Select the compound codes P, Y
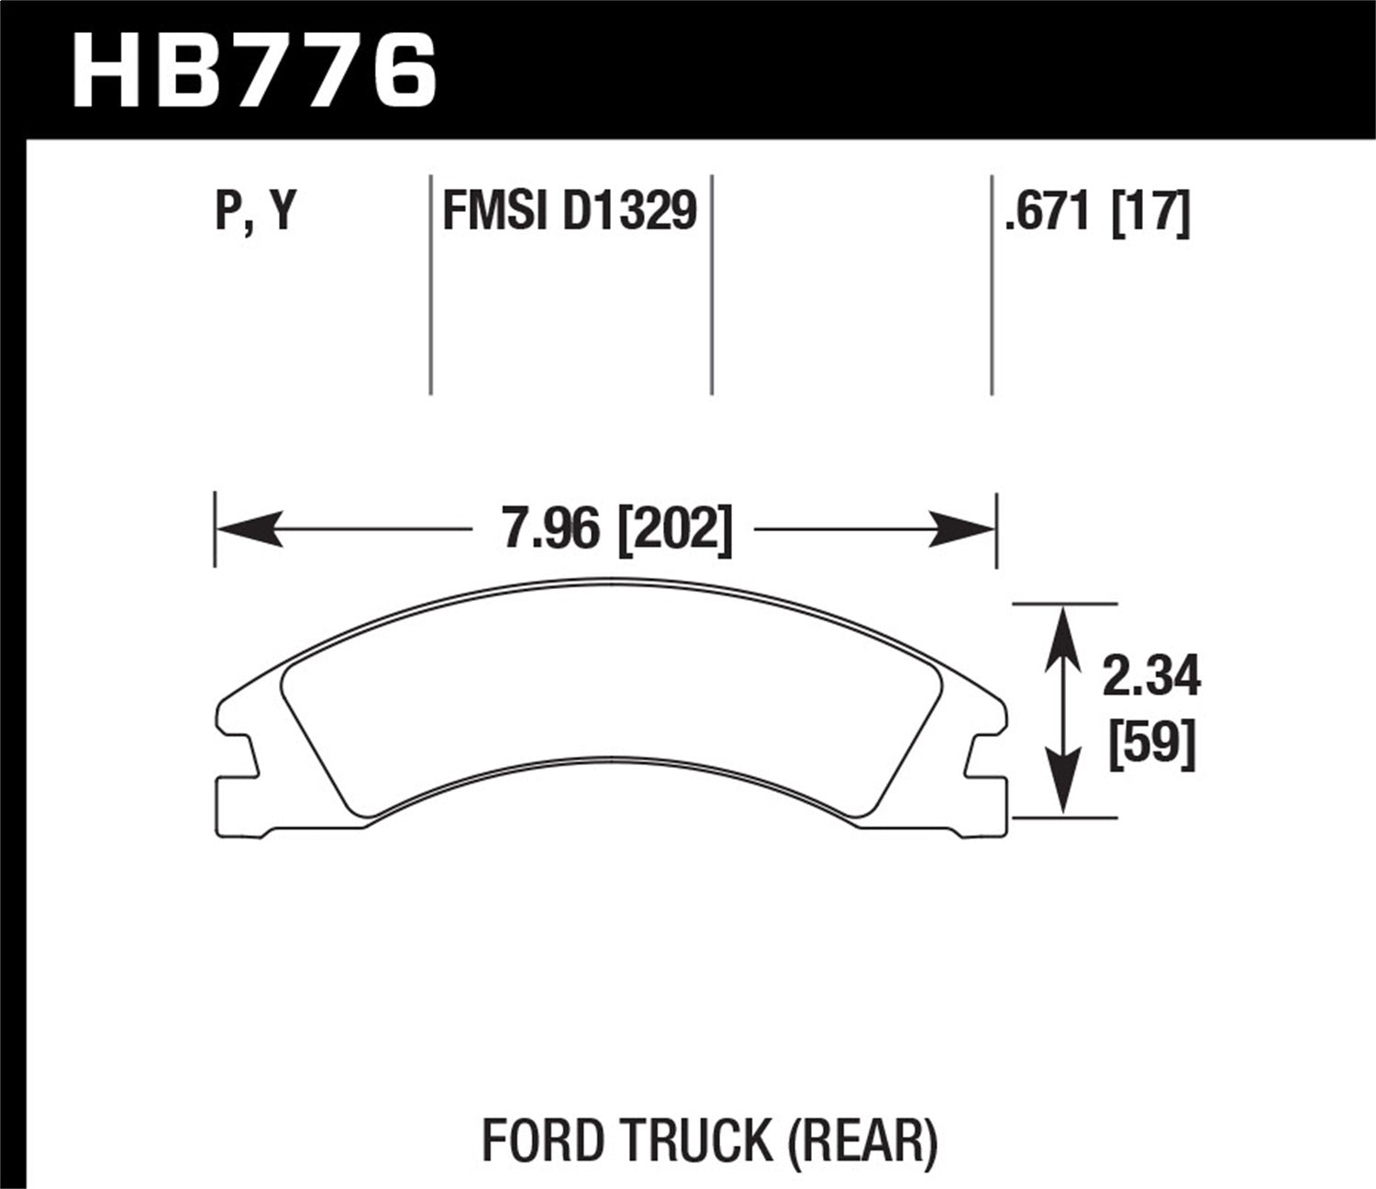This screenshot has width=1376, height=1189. [256, 212]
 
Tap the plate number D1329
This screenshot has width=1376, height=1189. [629, 212]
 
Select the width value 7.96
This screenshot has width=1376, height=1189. [548, 529]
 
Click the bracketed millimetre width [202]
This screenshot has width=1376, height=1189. [675, 529]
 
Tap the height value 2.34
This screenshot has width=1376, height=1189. [1150, 679]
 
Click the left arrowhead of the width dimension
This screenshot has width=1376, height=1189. [248, 529]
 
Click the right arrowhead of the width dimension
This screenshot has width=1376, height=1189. [963, 529]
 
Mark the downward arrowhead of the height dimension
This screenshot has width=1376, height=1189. [1062, 789]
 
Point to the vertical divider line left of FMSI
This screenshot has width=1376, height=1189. [430, 284]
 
